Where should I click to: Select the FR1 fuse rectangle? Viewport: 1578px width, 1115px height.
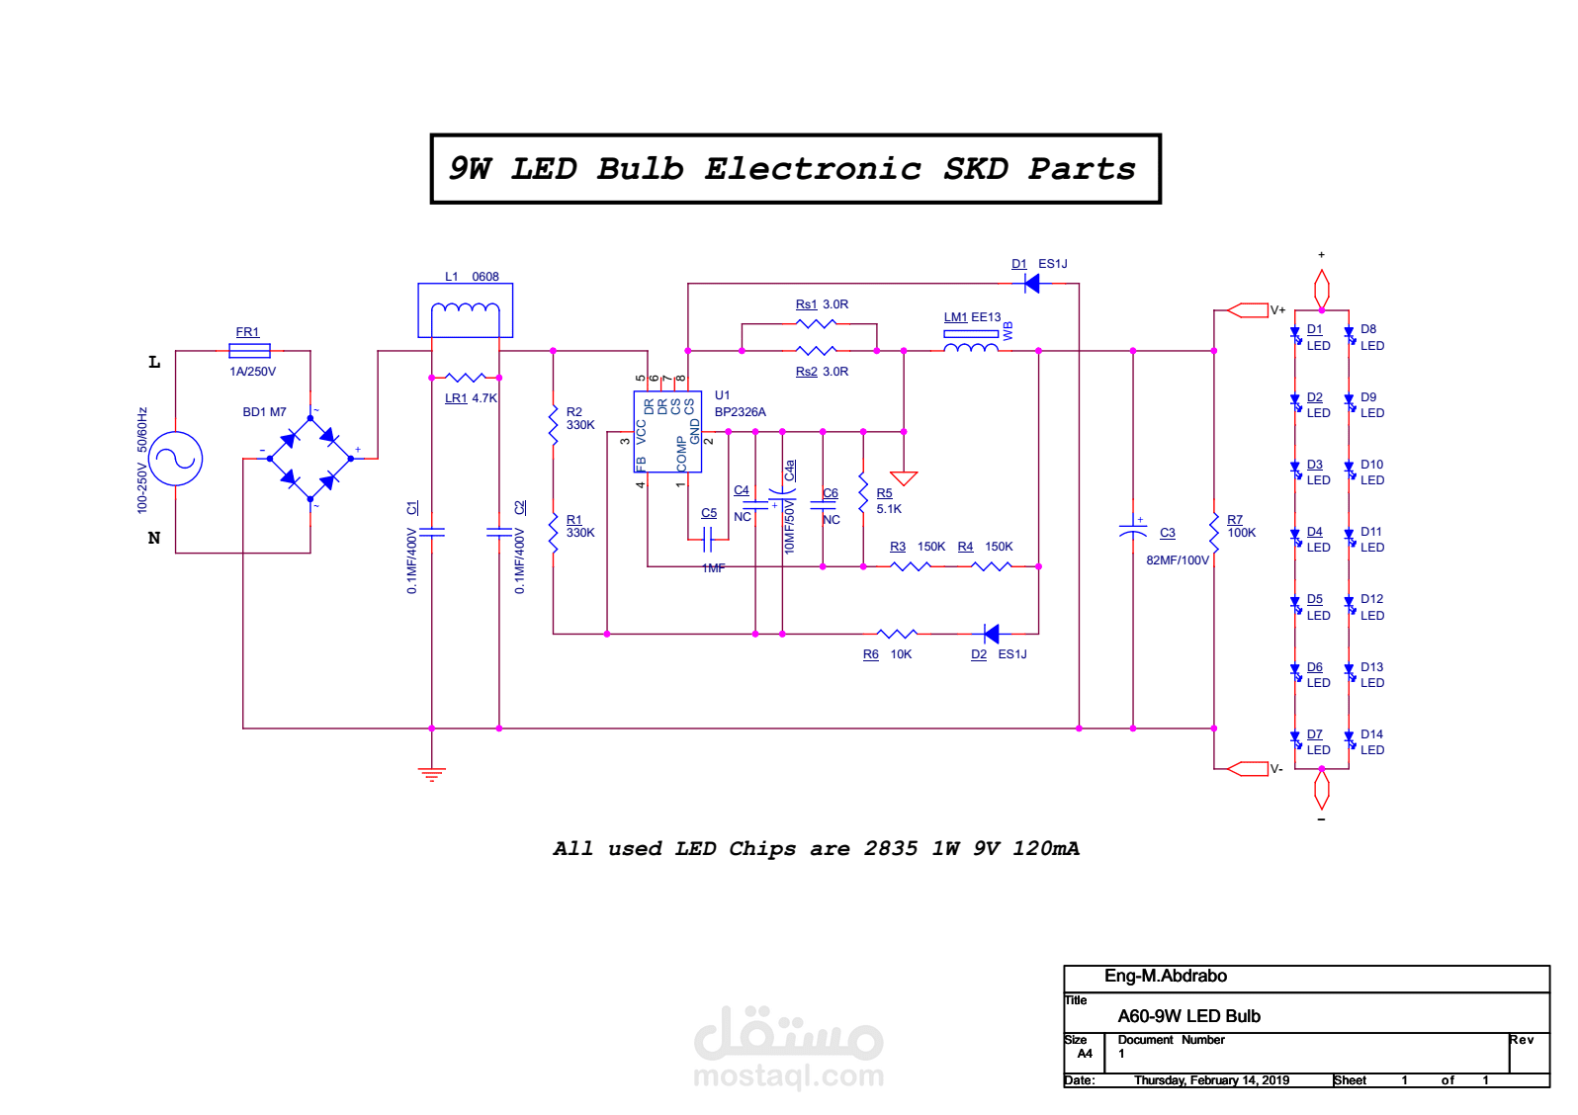(x=249, y=351)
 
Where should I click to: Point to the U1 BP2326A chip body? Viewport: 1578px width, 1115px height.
(x=667, y=431)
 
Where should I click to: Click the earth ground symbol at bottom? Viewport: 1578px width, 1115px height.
(x=432, y=774)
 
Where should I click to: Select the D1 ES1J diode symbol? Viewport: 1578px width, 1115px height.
(x=1032, y=283)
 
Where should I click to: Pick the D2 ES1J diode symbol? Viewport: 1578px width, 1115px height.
(x=991, y=634)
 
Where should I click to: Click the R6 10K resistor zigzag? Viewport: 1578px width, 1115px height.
(x=897, y=634)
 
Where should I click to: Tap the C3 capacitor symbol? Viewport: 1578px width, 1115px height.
(x=1133, y=530)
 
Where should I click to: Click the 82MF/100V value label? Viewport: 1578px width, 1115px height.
(x=1178, y=560)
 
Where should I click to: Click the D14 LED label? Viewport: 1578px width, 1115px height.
(x=1372, y=741)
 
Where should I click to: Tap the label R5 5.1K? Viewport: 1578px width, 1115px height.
(x=889, y=501)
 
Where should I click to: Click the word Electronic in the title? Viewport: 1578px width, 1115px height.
(x=813, y=169)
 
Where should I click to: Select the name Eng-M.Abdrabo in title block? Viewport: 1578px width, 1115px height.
(x=1166, y=976)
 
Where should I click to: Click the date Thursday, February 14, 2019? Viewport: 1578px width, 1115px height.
(x=1212, y=1079)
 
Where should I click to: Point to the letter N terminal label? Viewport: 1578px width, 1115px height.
(x=154, y=538)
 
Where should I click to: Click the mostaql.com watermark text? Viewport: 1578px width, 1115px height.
(x=789, y=1075)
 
